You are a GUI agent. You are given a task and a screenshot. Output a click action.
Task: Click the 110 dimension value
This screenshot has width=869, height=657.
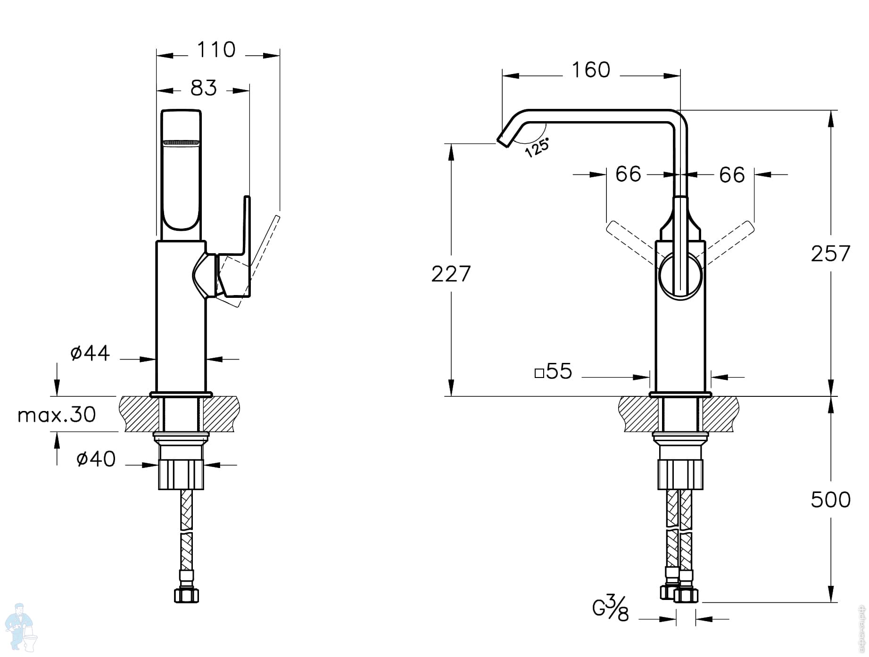[216, 49]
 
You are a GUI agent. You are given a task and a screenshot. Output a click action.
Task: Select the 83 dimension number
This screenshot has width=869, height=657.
[204, 88]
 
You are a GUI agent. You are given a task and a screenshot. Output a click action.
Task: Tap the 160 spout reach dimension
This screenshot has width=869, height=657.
[591, 70]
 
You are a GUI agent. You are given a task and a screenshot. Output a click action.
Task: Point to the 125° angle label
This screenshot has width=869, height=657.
[537, 148]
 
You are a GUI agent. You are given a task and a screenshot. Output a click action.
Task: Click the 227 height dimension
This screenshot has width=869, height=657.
[451, 274]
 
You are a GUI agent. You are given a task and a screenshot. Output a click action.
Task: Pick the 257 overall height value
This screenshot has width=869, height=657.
[831, 254]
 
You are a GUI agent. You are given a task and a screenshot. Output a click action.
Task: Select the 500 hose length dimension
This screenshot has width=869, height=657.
[831, 500]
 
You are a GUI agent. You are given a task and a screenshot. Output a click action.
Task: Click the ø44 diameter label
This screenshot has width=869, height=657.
[90, 353]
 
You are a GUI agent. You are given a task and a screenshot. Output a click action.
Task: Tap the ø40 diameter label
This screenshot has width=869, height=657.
[96, 459]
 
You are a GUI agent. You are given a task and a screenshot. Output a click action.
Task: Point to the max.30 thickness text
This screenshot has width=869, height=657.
[57, 415]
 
